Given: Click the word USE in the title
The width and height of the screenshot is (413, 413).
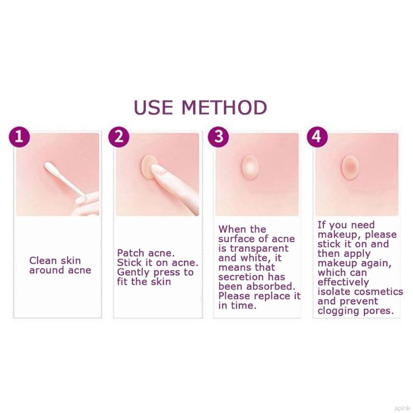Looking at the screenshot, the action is pyautogui.click(x=153, y=107).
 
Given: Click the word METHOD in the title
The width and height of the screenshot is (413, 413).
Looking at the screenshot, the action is pyautogui.click(x=225, y=107).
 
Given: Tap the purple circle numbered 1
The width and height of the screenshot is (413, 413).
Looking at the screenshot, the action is pyautogui.click(x=19, y=137).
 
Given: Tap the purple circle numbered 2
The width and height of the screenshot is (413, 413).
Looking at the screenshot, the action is pyautogui.click(x=119, y=137).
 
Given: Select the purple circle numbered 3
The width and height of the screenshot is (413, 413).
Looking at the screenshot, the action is pyautogui.click(x=218, y=137).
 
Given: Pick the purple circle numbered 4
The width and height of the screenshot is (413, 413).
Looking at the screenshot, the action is pyautogui.click(x=317, y=137).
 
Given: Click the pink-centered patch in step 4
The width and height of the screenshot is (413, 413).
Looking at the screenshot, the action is pyautogui.click(x=350, y=167).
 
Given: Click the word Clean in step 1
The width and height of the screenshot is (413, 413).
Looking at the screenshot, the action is pyautogui.click(x=43, y=261).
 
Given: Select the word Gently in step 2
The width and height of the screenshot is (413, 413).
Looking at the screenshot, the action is pyautogui.click(x=134, y=273).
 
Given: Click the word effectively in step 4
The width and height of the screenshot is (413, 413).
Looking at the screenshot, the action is pyautogui.click(x=343, y=282).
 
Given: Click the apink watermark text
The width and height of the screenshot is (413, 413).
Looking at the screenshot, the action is pyautogui.click(x=402, y=408).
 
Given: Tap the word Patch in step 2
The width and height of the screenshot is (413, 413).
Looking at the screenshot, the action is pyautogui.click(x=131, y=253).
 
